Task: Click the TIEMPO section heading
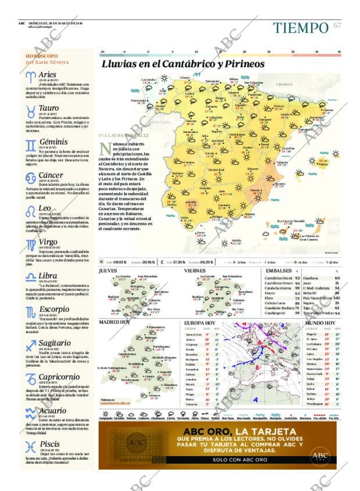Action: [x=301, y=27]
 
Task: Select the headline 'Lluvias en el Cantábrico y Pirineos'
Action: [x=183, y=64]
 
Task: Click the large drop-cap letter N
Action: [x=105, y=149]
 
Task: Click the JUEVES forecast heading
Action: [x=107, y=270]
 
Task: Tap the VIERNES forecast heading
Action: [x=195, y=270]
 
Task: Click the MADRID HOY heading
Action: [x=114, y=322]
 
